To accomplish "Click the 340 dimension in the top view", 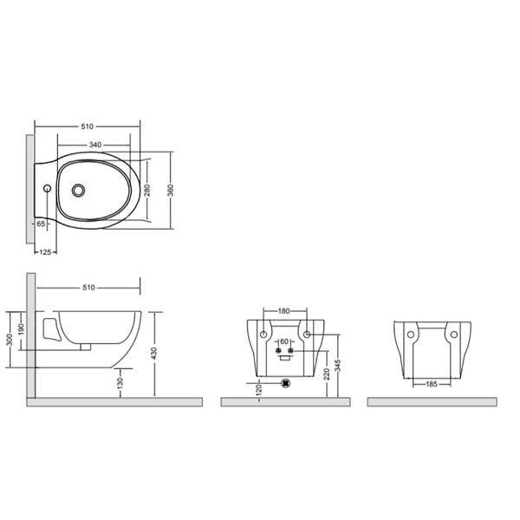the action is pyautogui.click(x=95, y=145).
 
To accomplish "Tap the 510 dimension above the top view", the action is pyautogui.click(x=88, y=127).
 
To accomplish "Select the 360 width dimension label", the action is pyautogui.click(x=170, y=191).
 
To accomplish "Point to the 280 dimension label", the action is pyautogui.click(x=147, y=190).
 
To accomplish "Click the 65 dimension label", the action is pyautogui.click(x=41, y=224).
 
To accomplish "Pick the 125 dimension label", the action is pyautogui.click(x=45, y=252).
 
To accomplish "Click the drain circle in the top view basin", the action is pyautogui.click(x=78, y=190).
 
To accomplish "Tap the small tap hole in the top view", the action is pyautogui.click(x=47, y=188).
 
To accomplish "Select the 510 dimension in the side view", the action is pyautogui.click(x=89, y=288).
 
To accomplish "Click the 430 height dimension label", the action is pyautogui.click(x=154, y=354).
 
